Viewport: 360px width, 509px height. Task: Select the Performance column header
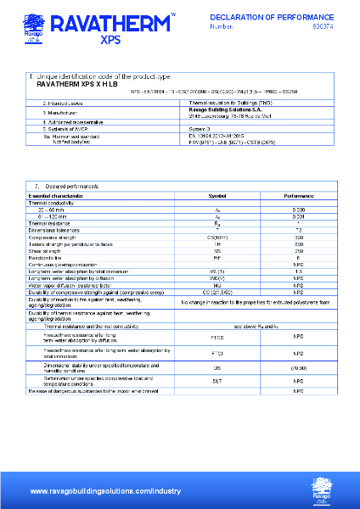pyautogui.click(x=299, y=196)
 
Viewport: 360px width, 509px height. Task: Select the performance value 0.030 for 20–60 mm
pyautogui.click(x=299, y=209)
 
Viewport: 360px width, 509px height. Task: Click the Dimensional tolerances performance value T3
pyautogui.click(x=299, y=230)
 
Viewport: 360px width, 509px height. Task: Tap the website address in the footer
pyautogui.click(x=105, y=491)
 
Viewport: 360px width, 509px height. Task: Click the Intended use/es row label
pyautogui.click(x=60, y=103)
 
